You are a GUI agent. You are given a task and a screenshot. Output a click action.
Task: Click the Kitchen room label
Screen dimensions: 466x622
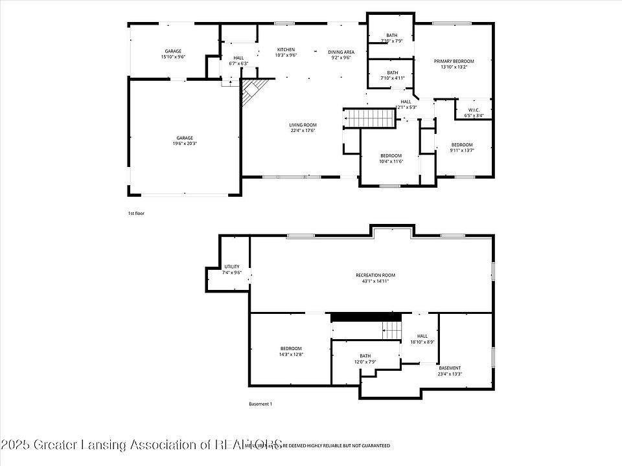(286, 50)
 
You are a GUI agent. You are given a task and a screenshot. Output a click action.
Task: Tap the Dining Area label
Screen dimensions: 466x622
(341, 52)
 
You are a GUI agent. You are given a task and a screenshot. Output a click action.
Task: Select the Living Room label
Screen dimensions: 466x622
(303, 125)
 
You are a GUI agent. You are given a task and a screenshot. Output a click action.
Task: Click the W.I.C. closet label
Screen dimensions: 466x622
(474, 109)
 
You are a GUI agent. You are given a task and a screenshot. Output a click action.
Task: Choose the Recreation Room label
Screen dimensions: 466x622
(375, 275)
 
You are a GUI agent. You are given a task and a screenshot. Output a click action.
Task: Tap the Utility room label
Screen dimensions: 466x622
(232, 267)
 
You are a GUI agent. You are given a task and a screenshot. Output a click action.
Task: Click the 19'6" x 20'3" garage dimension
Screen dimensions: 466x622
(185, 144)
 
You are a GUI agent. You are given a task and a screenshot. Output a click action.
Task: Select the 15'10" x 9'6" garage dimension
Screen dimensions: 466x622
(173, 57)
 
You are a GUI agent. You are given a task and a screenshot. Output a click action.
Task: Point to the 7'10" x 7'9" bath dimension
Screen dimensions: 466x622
(392, 41)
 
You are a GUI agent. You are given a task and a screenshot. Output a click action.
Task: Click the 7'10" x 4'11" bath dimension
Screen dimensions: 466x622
(392, 78)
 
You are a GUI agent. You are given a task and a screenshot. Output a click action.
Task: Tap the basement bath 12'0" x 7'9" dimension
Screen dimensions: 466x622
(365, 362)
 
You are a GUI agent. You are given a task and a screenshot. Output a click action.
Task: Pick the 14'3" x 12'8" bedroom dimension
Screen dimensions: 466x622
(291, 355)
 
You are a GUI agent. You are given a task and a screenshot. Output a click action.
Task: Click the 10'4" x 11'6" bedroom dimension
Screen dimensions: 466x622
(391, 161)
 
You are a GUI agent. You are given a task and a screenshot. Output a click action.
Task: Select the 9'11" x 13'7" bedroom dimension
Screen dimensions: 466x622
(462, 150)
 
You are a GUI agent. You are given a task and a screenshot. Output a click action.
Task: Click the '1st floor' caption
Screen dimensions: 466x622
(136, 212)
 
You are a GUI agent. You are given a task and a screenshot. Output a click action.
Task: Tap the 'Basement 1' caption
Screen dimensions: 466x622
(260, 404)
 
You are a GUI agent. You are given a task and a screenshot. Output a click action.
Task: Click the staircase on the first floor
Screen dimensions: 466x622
(369, 118)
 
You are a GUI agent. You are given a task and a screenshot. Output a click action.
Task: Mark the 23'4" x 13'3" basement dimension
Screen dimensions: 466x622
(450, 373)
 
